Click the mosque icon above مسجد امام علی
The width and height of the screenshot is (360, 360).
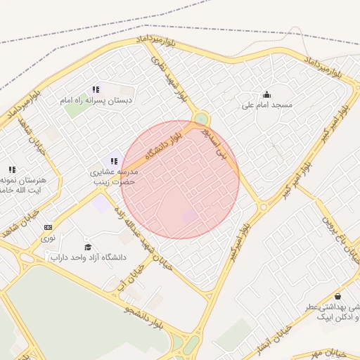pyautogui.click(x=266, y=94)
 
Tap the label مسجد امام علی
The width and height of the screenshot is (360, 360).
pyautogui.click(x=266, y=105)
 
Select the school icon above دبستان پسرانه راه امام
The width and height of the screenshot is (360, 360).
pyautogui.click(x=96, y=89)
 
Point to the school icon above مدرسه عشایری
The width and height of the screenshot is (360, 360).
pyautogui.click(x=114, y=161)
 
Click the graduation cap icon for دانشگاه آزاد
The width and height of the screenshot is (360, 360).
pyautogui.click(x=88, y=247)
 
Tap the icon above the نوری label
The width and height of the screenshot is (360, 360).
pyautogui.click(x=48, y=227)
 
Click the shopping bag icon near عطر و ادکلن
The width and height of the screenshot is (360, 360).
pyautogui.click(x=339, y=296)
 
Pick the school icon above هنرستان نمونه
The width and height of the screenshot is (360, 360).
pyautogui.click(x=12, y=169)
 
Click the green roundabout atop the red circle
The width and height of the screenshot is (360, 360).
pyautogui.click(x=202, y=118)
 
